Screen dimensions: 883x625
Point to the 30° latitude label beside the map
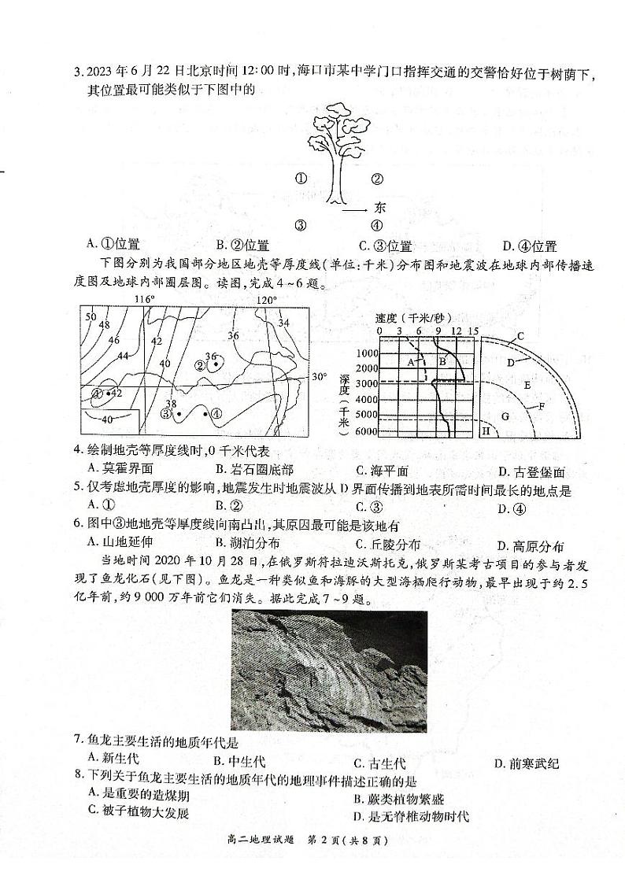tap(318, 376)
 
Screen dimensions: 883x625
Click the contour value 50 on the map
tap(91, 316)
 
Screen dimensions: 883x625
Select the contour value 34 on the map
tap(283, 322)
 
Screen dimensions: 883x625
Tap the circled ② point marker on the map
tap(202, 365)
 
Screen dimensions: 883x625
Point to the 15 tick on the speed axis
tap(473, 331)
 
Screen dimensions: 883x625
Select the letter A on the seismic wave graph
tap(411, 361)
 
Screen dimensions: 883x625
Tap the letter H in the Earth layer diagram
tap(486, 431)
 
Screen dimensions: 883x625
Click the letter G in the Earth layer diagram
tap(505, 414)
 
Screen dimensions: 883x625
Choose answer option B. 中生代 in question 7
tap(239, 762)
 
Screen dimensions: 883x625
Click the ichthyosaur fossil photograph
tap(329, 670)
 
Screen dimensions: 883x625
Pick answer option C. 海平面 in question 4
tap(382, 472)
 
